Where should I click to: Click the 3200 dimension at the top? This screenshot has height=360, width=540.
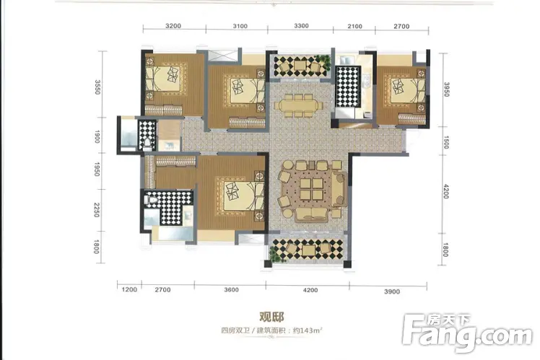coord(173,26)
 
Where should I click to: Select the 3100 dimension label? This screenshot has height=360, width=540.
coord(240,26)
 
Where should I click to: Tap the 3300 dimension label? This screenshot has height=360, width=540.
coord(301,26)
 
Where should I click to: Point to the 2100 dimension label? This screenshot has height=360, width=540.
coord(354,26)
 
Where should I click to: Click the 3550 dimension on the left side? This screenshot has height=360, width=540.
coord(97,87)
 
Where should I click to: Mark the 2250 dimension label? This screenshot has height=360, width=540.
coord(97,210)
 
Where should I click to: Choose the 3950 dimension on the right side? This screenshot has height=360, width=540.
coord(446,89)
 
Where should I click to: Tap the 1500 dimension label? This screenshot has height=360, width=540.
coord(445,143)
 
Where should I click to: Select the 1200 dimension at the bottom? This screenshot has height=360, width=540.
coord(129,290)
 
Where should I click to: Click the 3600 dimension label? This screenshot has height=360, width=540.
coord(232,290)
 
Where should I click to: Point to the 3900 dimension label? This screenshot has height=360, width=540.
coord(392,291)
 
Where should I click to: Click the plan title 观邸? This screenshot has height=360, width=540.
coord(271,317)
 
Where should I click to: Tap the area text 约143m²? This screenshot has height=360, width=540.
coord(308,330)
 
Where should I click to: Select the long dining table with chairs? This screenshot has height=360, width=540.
coord(299,105)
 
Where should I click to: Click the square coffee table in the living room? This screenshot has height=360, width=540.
coord(311,188)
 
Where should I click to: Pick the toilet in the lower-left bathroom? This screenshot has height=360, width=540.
coord(150,200)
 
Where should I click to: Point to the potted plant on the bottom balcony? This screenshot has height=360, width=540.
coord(274,254)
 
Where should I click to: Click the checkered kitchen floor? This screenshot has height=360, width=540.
coord(347,87)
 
